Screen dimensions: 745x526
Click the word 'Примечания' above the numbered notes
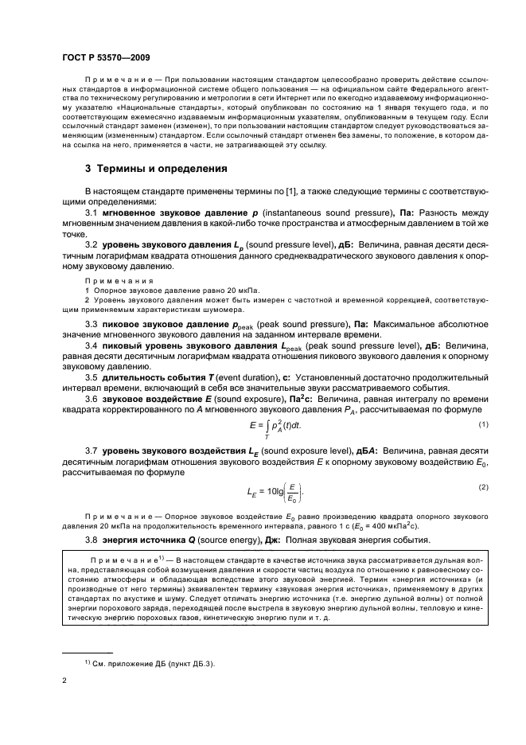coord(113,280)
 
